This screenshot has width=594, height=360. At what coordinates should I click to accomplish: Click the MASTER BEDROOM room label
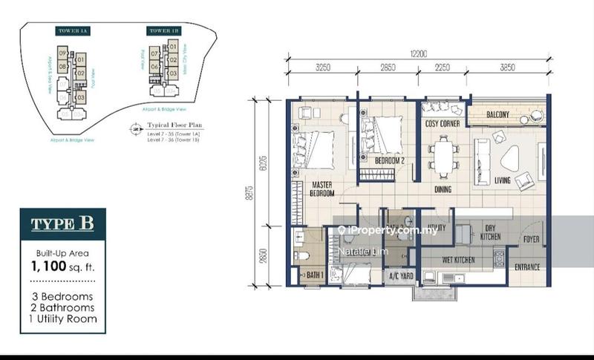point(321,189)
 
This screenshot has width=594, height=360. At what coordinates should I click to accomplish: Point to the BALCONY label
point(497,114)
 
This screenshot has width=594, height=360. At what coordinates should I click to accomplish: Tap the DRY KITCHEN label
point(490,233)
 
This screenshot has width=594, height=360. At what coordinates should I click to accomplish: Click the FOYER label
point(530,239)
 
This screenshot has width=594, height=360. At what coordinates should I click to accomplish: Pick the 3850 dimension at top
point(507,67)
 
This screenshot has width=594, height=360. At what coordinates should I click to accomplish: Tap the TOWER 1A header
point(68,31)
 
